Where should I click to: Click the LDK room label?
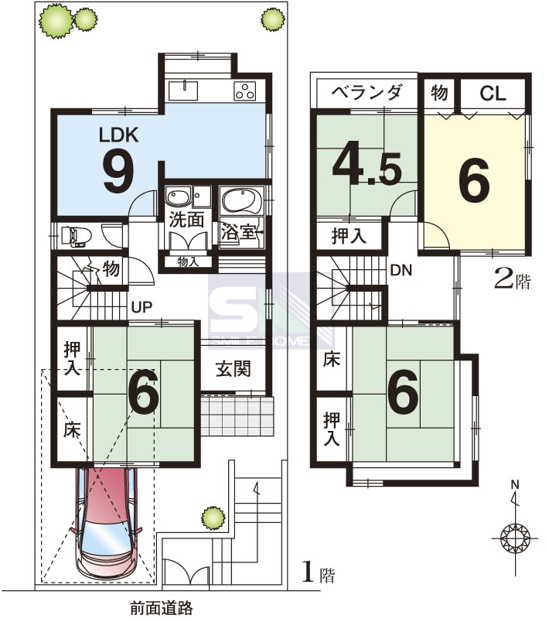118,135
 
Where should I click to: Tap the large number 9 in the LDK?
118,173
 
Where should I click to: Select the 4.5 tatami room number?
367,168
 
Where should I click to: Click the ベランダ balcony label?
367,92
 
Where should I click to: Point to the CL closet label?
493,94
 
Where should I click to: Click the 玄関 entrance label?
234,369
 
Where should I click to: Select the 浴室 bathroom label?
239,231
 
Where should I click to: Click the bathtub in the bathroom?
241,200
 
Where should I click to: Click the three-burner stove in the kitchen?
245,91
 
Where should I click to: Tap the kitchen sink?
183,91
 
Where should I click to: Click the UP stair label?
142,307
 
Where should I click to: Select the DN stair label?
401,271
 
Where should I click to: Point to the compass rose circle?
515,538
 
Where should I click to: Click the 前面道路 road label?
162,608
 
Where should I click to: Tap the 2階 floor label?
512,280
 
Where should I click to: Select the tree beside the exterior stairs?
213,518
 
